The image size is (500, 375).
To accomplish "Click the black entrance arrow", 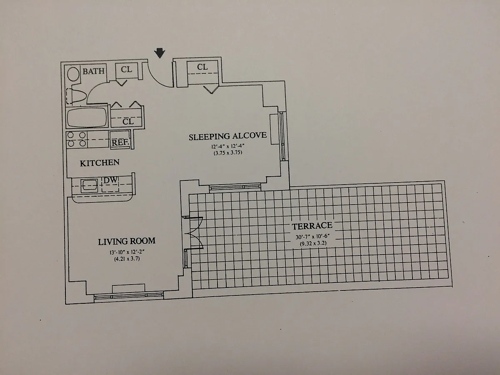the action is tap(160, 53).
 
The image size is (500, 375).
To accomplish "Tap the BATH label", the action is tap(93, 71).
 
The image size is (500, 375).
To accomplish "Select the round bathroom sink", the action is tap(74, 75).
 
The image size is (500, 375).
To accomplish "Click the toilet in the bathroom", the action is tap(77, 96).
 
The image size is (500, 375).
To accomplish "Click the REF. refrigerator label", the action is tap(120, 142).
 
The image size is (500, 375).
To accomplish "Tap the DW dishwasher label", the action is tap(110, 180).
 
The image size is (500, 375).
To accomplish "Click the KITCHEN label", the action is tap(100, 163).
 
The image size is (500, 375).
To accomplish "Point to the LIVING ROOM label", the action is tap(127, 241).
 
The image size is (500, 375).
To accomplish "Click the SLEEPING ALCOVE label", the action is tap(227, 137).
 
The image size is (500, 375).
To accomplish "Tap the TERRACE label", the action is tap(312, 226).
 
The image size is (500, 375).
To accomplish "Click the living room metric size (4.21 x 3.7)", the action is tap(127, 259).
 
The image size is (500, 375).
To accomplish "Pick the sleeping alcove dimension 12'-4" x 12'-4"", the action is tap(227, 146).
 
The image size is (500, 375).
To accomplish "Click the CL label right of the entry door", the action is tap(202, 67).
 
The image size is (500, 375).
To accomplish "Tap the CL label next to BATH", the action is tap(126, 70).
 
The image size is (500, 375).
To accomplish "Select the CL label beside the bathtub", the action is tap(128, 122).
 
